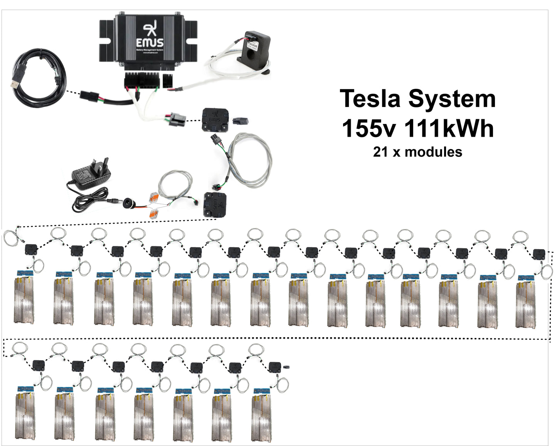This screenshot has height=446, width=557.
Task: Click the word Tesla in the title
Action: click(x=371, y=98)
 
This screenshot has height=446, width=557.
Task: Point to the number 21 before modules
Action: click(x=380, y=152)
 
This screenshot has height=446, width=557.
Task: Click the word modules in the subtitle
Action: click(x=433, y=152)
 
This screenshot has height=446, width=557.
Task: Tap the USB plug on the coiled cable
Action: click(x=15, y=83)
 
